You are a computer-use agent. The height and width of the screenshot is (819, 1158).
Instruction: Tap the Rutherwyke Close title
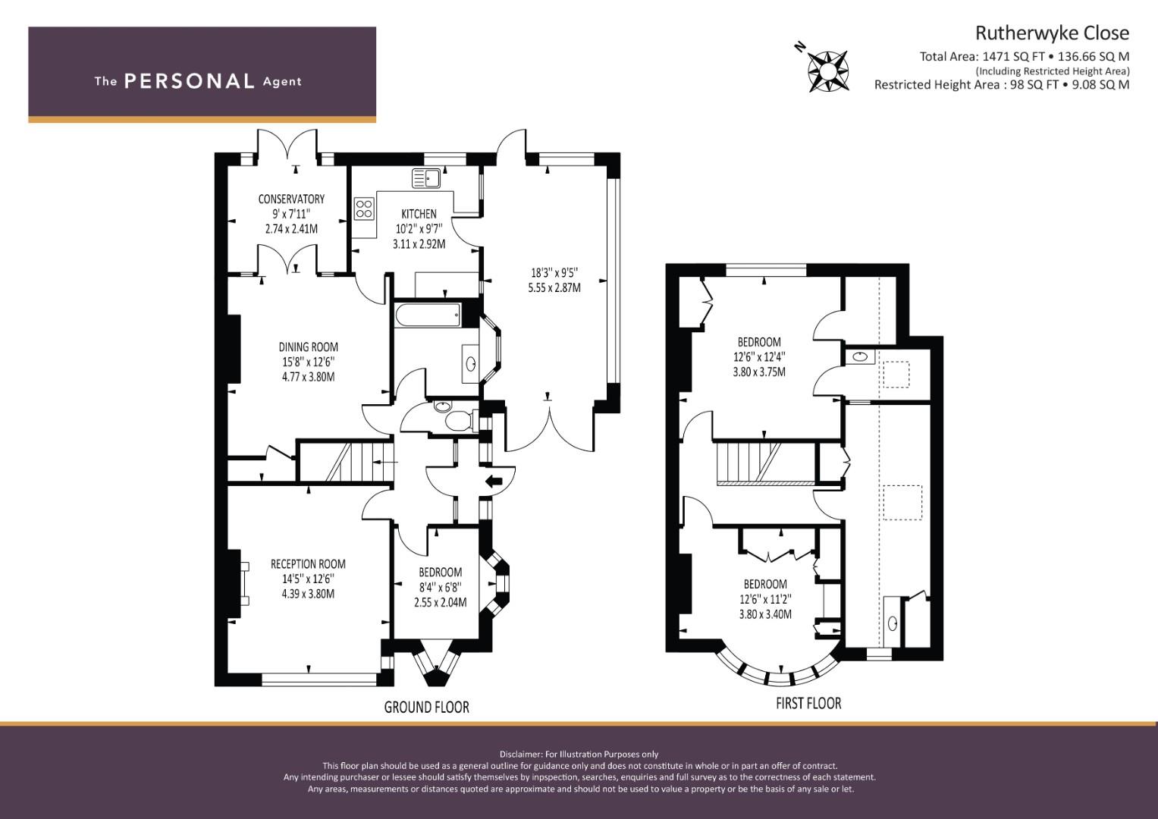pyautogui.click(x=1052, y=33)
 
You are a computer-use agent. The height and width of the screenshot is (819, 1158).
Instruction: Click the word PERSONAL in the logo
pyautogui.click(x=190, y=81)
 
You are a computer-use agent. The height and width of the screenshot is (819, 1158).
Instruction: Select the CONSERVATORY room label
pyautogui.click(x=291, y=199)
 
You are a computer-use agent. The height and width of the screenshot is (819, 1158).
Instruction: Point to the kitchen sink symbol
pyautogui.click(x=426, y=178)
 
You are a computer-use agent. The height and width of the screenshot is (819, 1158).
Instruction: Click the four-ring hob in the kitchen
pyautogui.click(x=364, y=209)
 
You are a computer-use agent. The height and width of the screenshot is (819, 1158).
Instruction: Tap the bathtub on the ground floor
pyautogui.click(x=428, y=315)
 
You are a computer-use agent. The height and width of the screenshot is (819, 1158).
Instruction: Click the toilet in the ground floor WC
pyautogui.click(x=459, y=421)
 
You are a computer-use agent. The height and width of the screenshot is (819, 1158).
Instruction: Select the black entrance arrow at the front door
pyautogui.click(x=494, y=482)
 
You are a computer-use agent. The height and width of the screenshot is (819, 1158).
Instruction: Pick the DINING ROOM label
pyautogui.click(x=308, y=347)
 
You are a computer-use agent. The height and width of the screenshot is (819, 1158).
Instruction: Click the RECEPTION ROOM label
pyautogui.click(x=308, y=564)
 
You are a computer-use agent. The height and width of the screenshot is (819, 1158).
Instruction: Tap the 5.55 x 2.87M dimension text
pyautogui.click(x=554, y=287)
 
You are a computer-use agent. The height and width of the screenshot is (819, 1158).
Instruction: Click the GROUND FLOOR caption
pyautogui.click(x=426, y=707)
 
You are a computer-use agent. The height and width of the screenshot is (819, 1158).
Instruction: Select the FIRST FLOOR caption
pyautogui.click(x=808, y=703)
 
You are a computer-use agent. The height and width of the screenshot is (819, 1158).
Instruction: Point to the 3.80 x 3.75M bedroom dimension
pyautogui.click(x=759, y=372)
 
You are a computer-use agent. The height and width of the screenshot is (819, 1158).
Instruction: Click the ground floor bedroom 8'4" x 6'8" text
pyautogui.click(x=440, y=588)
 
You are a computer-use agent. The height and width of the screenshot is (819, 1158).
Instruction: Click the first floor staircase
pyautogui.click(x=764, y=463)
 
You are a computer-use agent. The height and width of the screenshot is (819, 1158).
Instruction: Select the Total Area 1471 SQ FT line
pyautogui.click(x=1024, y=56)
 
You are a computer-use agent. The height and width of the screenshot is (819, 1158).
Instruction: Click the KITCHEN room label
pyautogui.click(x=419, y=214)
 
